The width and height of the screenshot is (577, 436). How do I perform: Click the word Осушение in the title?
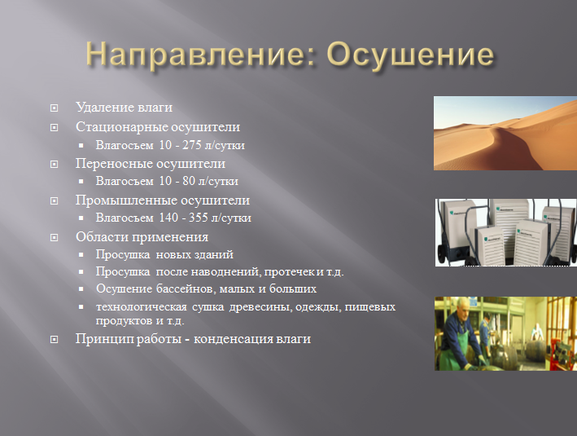[x=410, y=55]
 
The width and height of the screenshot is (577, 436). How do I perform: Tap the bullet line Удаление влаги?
[x=124, y=108]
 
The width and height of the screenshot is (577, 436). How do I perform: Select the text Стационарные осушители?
[x=158, y=127]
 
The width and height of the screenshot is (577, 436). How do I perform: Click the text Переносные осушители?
[x=151, y=164]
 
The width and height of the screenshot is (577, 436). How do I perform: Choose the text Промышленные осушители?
[x=163, y=200]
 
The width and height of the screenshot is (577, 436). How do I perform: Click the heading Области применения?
[x=142, y=237]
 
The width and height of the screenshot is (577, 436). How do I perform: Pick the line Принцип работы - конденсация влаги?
[x=193, y=339]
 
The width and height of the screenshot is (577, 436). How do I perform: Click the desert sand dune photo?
[x=505, y=133]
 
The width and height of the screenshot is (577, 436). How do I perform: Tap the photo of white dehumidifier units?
[x=505, y=232]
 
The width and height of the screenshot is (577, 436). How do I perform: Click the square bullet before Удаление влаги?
[x=55, y=108]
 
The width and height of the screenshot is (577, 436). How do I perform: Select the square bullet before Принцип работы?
[x=55, y=340]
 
